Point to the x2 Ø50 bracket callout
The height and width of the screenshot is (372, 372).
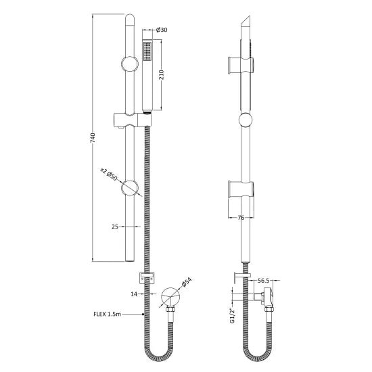point(108,175)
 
